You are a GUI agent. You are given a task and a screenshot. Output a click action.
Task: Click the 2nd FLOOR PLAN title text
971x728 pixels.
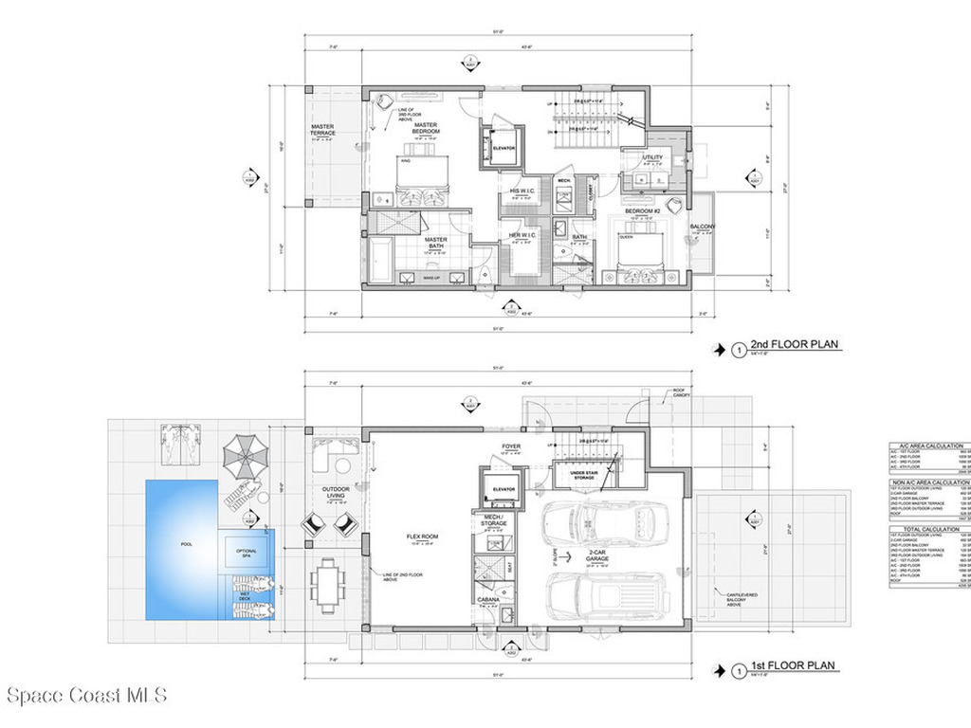click(x=793, y=347)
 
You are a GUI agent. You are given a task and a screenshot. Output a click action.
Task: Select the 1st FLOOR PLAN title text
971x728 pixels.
click(x=793, y=666)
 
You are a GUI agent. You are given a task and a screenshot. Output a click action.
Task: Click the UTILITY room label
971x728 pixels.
click(x=652, y=157)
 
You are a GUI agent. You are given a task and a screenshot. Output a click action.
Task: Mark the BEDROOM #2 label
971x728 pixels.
click(x=653, y=210)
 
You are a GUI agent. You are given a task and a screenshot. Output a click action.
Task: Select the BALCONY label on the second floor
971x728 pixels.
click(x=703, y=227)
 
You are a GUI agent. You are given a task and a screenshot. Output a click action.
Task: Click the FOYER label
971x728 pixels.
click(x=511, y=446)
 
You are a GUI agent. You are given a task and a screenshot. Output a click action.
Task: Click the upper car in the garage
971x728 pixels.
click(x=604, y=521)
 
